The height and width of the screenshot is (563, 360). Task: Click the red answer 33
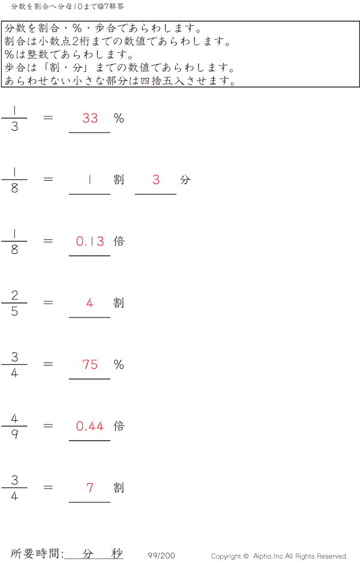point(90,118)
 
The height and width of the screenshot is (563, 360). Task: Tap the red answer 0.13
point(90,241)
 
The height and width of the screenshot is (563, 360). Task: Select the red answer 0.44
point(90,426)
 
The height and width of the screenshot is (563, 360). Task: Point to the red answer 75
point(90,364)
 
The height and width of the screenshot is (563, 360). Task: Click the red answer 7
point(90,488)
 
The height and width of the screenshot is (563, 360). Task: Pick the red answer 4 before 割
point(90,303)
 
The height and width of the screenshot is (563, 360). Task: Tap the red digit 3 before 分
point(156,179)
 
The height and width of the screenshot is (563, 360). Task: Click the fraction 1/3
point(14,118)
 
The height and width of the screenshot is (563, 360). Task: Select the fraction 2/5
point(14,303)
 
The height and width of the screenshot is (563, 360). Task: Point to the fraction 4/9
point(14,426)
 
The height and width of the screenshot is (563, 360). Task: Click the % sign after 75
point(119,364)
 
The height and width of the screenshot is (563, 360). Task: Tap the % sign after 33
point(119,118)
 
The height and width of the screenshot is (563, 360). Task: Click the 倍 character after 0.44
point(119,426)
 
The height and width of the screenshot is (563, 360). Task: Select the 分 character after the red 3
point(185,179)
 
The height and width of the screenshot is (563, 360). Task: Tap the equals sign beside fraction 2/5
point(49,303)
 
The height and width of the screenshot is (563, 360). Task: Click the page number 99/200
point(161,556)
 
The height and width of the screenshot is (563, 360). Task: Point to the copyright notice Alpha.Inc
point(279,556)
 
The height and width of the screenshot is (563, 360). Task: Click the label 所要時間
point(36,554)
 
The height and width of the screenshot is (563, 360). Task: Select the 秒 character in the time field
point(116,554)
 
